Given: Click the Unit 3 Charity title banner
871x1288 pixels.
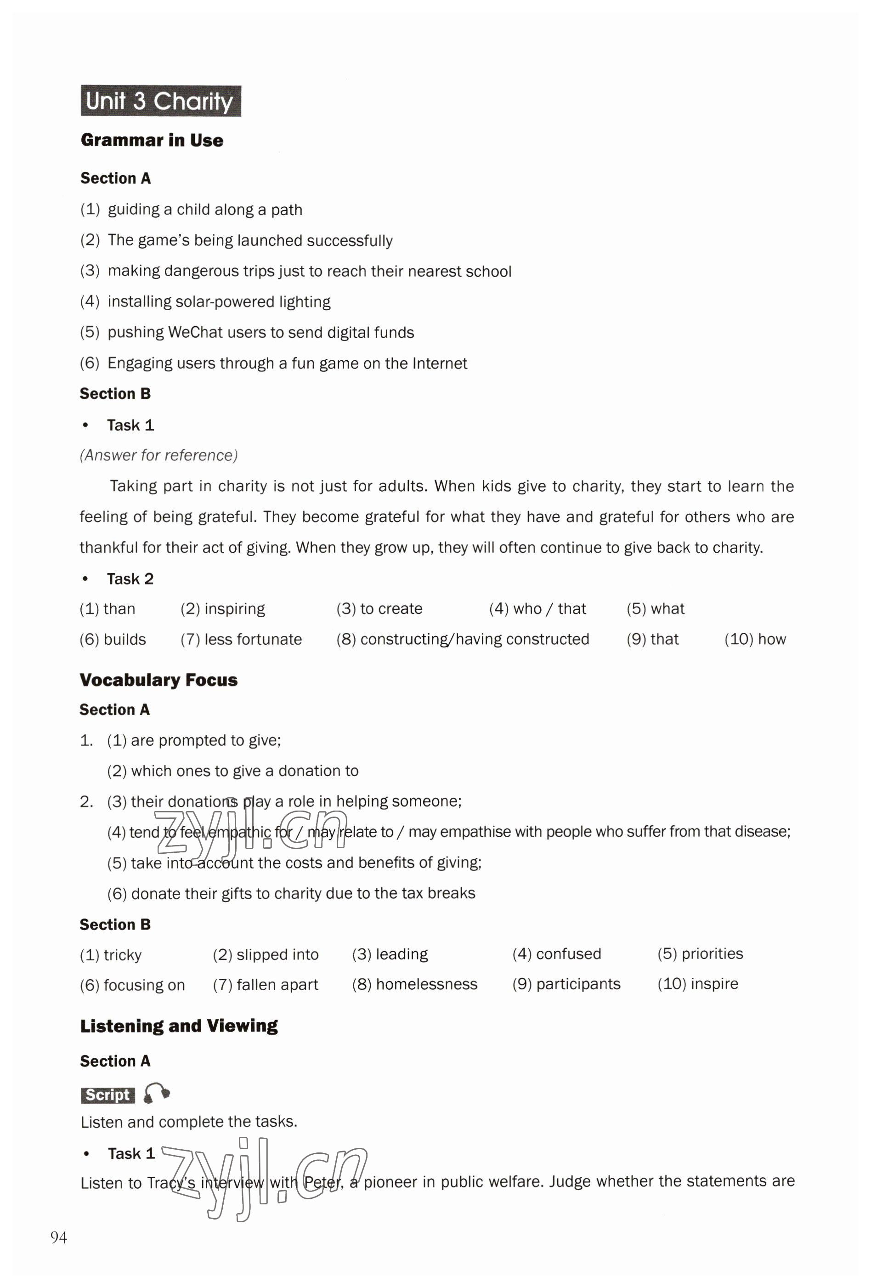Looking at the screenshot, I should coord(160,101).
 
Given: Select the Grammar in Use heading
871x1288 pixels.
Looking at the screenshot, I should coord(152,140).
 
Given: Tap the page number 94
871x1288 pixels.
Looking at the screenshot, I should coord(59,1237).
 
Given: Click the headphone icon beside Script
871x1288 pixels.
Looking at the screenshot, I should coord(156,1094).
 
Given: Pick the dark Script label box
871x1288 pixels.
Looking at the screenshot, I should coord(107,1095).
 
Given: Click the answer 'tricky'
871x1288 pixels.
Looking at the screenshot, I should coord(123,954).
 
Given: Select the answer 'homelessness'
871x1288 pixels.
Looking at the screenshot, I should coord(426,984).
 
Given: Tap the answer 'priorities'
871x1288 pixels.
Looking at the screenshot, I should coord(712,954).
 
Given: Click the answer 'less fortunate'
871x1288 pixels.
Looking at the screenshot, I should coord(253,639).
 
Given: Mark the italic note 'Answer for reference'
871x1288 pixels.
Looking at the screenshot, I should coord(158,455).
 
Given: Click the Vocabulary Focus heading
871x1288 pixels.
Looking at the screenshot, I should coord(158,680).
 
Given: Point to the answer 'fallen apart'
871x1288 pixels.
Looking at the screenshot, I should coord(277,984).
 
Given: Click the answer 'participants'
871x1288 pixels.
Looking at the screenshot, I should coord(578,984).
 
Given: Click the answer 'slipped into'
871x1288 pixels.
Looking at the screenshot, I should coord(277,954).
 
